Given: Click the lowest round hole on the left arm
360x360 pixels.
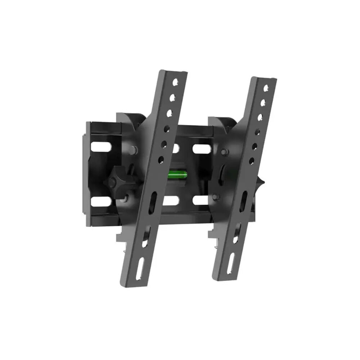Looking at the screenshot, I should coord(161,158).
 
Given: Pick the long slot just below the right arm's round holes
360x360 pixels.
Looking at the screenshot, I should coord(244,199).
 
